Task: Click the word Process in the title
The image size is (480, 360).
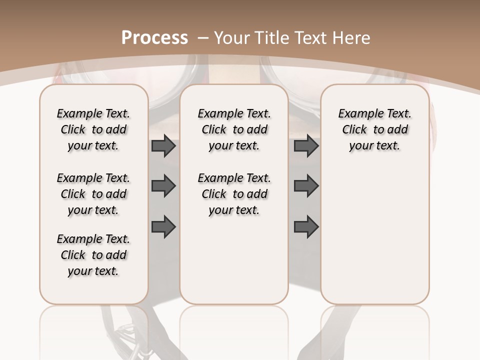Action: pos(154,37)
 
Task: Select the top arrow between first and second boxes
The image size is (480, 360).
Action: pos(163,146)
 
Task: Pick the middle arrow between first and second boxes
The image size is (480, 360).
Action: pos(163,186)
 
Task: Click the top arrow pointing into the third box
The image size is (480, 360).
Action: pos(306,146)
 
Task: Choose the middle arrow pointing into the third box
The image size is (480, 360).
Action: pos(306,186)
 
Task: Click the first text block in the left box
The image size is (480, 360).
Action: pos(93,129)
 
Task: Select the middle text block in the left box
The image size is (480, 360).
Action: pos(93,194)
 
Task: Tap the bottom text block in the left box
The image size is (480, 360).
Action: pos(93,255)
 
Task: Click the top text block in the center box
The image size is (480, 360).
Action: pos(234,129)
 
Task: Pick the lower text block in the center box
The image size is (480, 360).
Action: pos(234,194)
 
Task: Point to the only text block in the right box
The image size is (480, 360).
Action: pos(374,129)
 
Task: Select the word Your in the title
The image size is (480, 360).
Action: pos(232,37)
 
